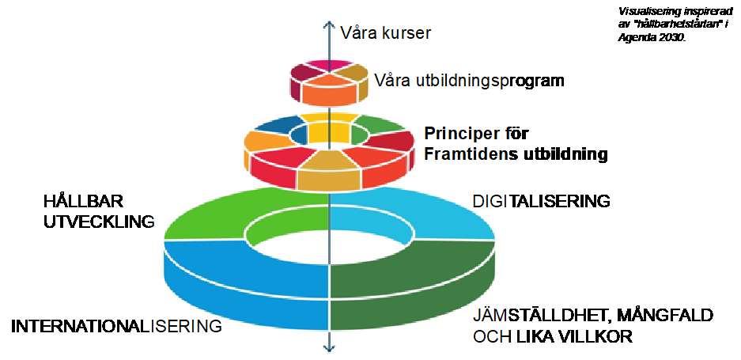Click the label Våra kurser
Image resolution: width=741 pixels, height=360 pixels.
pyautogui.click(x=385, y=33)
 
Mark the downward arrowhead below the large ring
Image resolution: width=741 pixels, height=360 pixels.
pyautogui.click(x=328, y=347)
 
